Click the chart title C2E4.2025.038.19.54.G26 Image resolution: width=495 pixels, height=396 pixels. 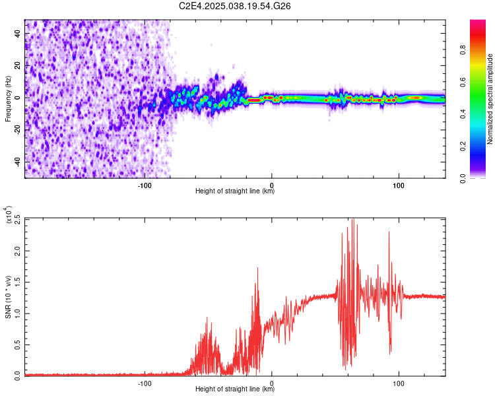point(235,6)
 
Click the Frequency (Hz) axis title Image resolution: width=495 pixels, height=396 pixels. point(8,99)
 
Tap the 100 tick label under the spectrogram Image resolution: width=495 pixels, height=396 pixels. point(399,185)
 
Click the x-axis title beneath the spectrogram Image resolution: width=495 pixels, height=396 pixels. point(235,191)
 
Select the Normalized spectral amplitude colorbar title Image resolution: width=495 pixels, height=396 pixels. point(490,99)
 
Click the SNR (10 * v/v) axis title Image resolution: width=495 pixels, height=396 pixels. point(8,296)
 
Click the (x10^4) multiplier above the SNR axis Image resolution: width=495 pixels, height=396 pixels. point(8,215)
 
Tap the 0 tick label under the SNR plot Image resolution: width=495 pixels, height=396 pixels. point(272,383)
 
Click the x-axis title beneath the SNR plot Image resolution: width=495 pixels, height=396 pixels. point(235,389)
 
